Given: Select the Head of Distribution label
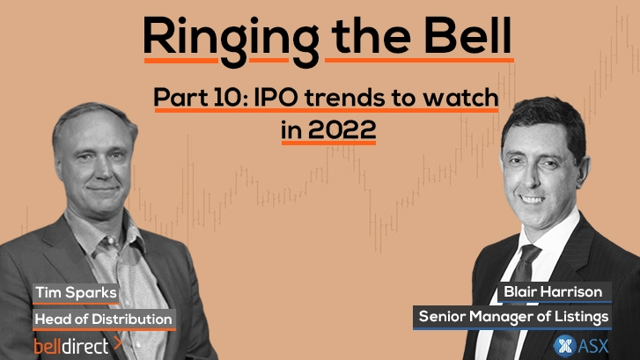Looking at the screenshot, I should click(x=104, y=318).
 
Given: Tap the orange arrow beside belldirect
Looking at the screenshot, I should click(x=117, y=345).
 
